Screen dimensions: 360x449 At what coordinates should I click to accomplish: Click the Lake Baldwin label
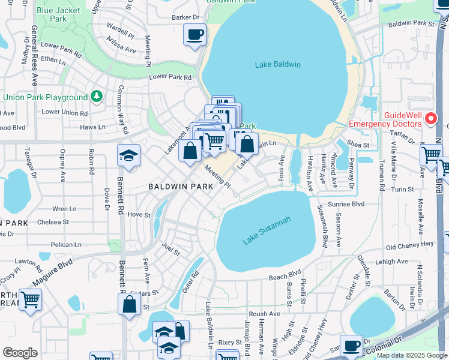pos(277,65)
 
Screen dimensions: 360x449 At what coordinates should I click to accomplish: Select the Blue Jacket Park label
pos(59,14)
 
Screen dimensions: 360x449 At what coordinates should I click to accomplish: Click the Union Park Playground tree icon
pos(96,97)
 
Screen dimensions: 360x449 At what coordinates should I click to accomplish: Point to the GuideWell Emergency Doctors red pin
pos(430,119)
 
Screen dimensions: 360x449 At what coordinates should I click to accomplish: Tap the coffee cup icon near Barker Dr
pos(194,35)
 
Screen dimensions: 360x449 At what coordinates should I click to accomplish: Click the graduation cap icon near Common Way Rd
pos(128,156)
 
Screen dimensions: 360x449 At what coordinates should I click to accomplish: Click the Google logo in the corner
pos(20,352)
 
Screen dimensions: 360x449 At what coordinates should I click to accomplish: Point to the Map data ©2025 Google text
pos(411,355)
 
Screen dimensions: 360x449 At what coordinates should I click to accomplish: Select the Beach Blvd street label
pos(284,277)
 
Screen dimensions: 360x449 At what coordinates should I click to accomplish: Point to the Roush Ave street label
pos(265,313)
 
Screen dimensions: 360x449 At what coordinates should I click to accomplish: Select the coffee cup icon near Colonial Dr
pos(351,346)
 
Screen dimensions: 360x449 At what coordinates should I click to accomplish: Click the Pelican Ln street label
pos(67,245)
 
